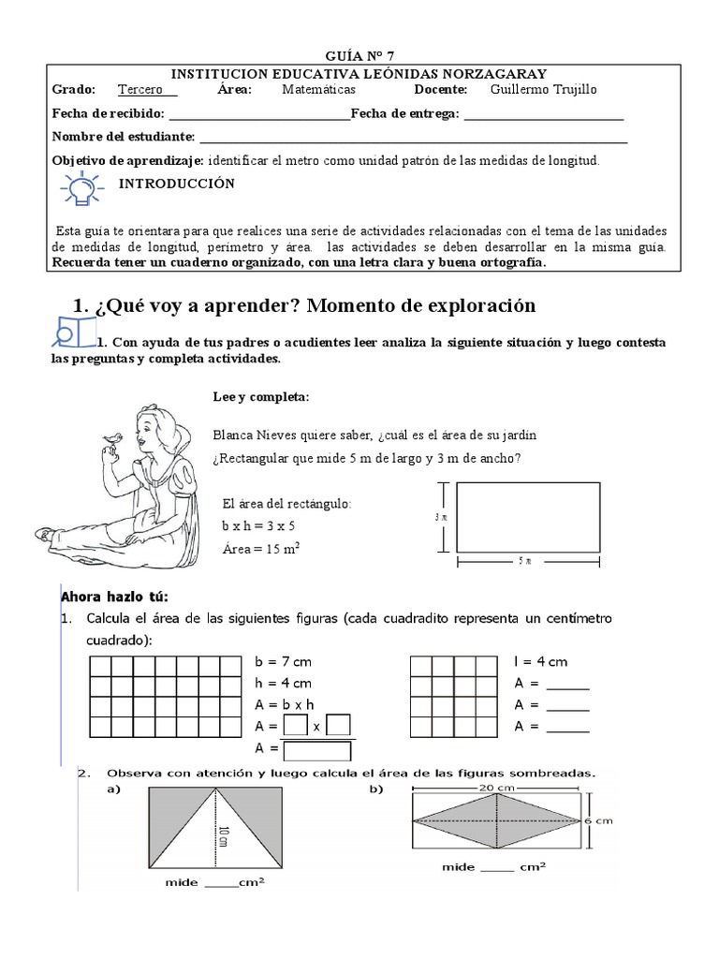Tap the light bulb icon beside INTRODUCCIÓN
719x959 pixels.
(81, 188)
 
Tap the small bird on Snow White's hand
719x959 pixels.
(115, 435)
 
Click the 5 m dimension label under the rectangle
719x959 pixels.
(527, 561)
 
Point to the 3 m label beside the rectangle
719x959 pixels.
(439, 516)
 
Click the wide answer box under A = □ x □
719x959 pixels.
(317, 750)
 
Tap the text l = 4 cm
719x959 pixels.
(540, 662)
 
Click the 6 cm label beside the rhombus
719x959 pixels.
(599, 820)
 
